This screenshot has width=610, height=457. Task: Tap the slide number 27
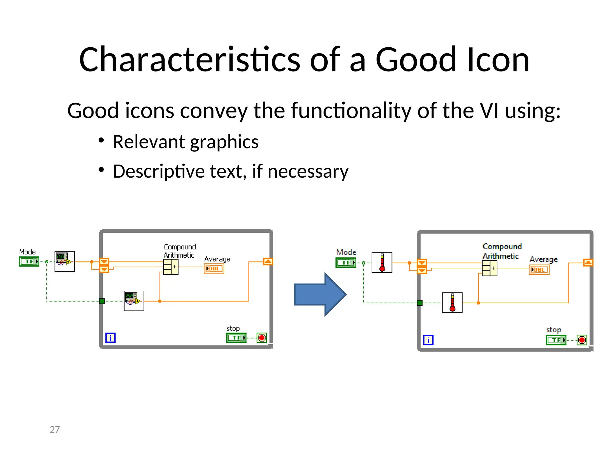[x=55, y=429]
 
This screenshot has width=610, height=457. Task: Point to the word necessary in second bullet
[x=308, y=171]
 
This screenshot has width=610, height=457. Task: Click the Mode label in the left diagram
[x=27, y=252]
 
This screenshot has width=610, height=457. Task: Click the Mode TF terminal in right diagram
[x=346, y=263]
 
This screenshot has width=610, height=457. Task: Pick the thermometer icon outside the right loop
[x=382, y=262]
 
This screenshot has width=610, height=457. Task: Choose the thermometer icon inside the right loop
[x=452, y=303]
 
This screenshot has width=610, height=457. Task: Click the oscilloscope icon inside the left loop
[x=134, y=301]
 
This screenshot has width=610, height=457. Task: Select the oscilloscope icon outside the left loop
[x=65, y=262]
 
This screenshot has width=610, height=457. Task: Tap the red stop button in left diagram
[x=262, y=338]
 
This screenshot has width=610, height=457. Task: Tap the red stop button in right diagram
[x=582, y=340]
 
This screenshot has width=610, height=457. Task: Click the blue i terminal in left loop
[x=111, y=338]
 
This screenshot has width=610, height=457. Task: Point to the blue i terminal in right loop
[x=428, y=340]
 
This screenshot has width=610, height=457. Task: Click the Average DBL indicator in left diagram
[x=214, y=269]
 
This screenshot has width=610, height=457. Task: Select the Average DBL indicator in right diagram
[x=539, y=270]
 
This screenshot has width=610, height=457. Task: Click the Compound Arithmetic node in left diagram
[x=171, y=267]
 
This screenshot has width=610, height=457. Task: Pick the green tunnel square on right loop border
[x=420, y=303]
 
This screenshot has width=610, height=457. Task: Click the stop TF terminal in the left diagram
[x=236, y=338]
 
